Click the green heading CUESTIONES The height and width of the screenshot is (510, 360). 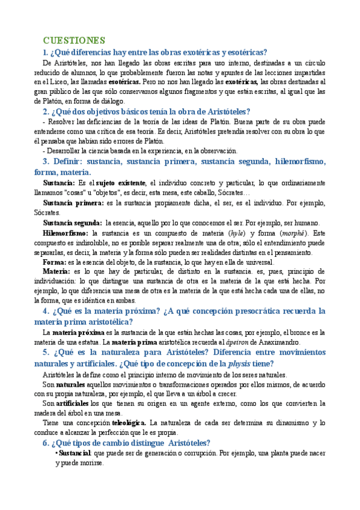coord(74,40)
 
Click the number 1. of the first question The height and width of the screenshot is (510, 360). coord(46,52)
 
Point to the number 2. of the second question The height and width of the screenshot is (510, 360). coord(46,111)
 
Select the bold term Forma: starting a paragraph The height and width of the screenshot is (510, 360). coord(55,262)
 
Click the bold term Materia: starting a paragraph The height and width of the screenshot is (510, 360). coord(59,271)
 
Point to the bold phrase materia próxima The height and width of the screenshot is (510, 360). coord(78,333)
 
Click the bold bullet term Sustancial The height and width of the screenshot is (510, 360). coord(76,453)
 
